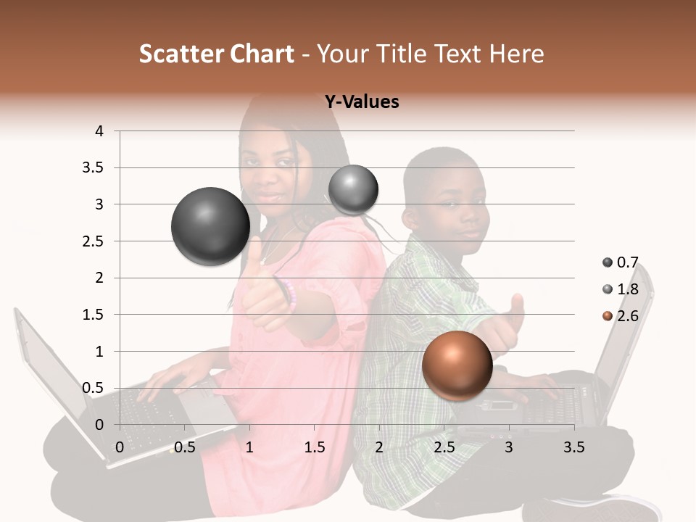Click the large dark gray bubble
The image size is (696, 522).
pos(210,226)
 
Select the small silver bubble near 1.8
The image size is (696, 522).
pos(353,189)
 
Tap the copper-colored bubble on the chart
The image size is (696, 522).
pos(457,365)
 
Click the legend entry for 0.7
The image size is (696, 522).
pos(621,262)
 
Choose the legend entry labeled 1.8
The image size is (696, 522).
pos(621,289)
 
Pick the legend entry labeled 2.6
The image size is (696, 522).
pos(621,316)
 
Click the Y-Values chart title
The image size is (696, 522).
pos(362,102)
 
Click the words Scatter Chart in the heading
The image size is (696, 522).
pos(216,54)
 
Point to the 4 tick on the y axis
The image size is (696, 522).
pos(99,131)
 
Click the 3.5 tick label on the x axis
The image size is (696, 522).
pos(573,447)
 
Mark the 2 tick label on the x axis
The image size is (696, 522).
pos(378,447)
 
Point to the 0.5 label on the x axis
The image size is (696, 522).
pos(185,447)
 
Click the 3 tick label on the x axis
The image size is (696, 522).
pos(508,447)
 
